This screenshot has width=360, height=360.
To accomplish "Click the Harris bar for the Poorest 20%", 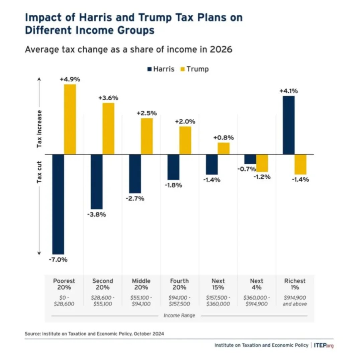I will click(x=58, y=204).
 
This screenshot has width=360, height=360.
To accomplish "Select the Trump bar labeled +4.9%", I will click(x=70, y=119).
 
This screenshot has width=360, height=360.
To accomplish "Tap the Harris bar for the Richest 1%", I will click(x=288, y=125).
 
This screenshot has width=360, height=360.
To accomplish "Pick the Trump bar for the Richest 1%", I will click(x=300, y=164).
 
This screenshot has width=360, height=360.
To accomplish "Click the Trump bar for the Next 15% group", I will click(x=223, y=149).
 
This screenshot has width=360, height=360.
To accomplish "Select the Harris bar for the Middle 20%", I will click(x=135, y=174).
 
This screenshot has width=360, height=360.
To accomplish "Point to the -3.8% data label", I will click(x=97, y=214).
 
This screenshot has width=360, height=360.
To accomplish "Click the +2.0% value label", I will click(x=185, y=121).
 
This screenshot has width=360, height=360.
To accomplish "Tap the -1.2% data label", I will click(x=262, y=177).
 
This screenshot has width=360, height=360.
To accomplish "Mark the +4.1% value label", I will click(x=288, y=91).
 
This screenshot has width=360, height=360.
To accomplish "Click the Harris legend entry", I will click(x=161, y=69).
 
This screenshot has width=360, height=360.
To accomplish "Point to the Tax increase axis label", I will click(x=39, y=129).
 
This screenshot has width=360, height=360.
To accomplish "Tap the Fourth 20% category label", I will click(x=179, y=284).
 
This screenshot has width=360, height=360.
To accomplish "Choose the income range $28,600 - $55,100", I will click(x=103, y=301).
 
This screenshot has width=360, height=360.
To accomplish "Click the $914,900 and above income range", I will click(x=295, y=301).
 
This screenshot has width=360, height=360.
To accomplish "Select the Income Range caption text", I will click(x=179, y=316).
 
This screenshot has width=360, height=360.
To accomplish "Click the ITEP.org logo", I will click(x=324, y=345).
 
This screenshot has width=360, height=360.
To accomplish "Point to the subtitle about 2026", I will click(x=128, y=50).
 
